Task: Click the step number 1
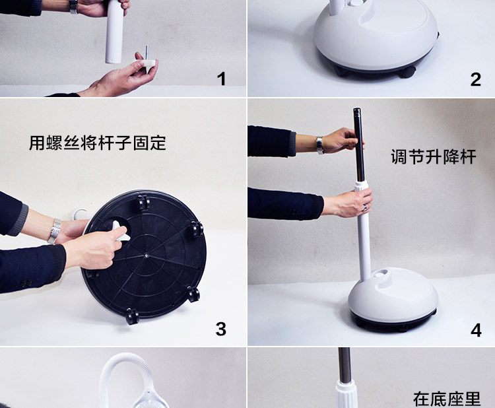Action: point(222,79)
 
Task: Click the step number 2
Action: point(476,79)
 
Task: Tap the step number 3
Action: point(220,329)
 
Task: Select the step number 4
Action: point(476,330)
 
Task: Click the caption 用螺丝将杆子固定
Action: point(98,143)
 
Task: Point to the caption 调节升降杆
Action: point(434,156)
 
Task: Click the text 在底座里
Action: point(447,399)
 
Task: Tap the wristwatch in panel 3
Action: point(54,231)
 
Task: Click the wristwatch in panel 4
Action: point(320,145)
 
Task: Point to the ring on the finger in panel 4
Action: point(365,208)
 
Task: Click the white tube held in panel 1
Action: point(114,32)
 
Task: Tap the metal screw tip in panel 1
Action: point(147,52)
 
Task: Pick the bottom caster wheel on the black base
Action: point(132,316)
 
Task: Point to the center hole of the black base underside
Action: point(146,255)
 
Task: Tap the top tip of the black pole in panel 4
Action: point(357,109)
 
